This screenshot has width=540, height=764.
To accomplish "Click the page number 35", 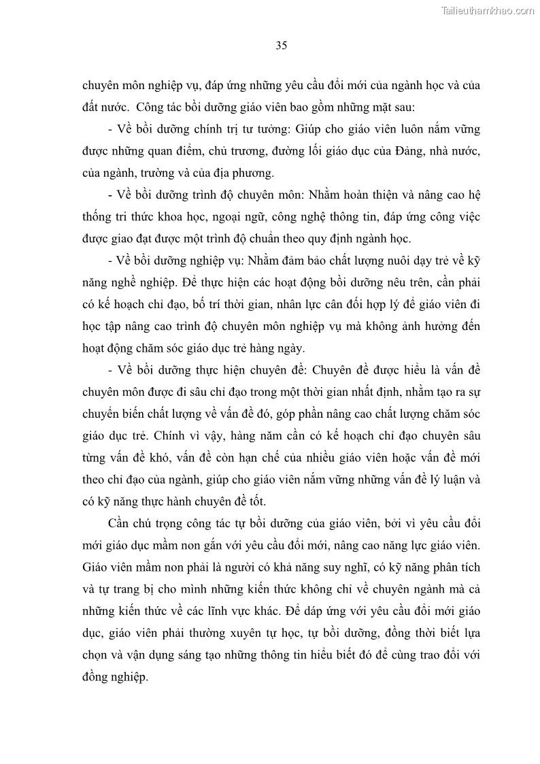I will click(x=282, y=46).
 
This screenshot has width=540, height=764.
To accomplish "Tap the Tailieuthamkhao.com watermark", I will click(x=488, y=11).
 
